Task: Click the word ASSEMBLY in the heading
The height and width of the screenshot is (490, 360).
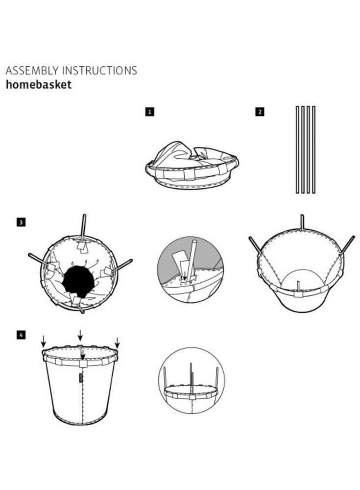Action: point(32,71)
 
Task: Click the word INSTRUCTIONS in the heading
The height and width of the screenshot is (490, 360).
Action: point(100,71)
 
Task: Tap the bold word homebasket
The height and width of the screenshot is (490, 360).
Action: point(39,85)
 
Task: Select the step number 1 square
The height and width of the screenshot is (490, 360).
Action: point(150,112)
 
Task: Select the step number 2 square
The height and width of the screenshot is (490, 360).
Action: point(260,112)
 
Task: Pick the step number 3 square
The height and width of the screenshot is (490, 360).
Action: point(21,222)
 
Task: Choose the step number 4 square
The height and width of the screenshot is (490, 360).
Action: point(21,335)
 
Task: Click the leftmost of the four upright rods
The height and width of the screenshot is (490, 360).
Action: point(297,149)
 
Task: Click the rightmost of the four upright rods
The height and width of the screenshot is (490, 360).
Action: point(314,149)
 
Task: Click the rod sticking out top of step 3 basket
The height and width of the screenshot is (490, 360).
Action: point(83,226)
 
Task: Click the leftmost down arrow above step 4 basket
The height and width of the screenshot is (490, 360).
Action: point(44,341)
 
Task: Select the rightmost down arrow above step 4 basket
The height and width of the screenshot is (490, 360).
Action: point(117,343)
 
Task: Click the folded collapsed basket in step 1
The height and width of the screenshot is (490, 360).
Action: point(192,165)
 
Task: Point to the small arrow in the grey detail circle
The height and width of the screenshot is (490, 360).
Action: point(184,276)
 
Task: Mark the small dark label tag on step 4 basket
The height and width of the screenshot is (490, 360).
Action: point(81,377)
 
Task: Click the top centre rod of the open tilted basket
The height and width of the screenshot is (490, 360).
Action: point(302,222)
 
